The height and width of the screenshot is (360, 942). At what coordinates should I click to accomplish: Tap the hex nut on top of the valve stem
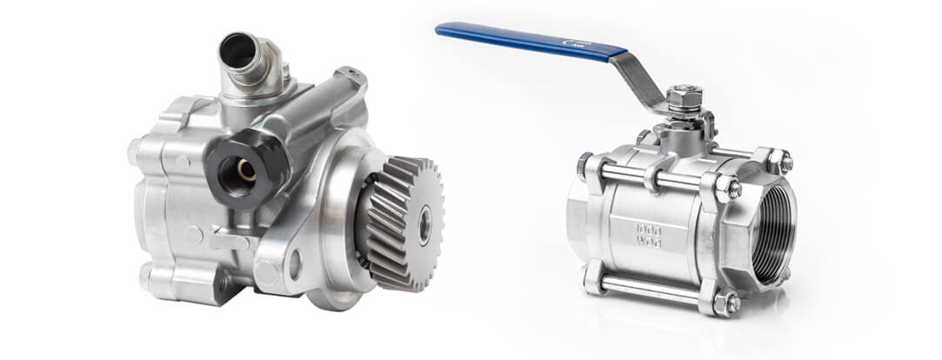click(x=685, y=97)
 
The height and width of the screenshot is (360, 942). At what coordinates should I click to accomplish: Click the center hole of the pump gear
click(x=424, y=225)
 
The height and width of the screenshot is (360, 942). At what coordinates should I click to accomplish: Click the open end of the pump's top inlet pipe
click(x=237, y=50)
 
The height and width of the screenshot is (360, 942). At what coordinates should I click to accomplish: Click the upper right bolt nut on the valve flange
click(x=785, y=162)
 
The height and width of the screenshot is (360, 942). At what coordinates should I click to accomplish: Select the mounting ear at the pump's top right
click(x=352, y=77)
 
